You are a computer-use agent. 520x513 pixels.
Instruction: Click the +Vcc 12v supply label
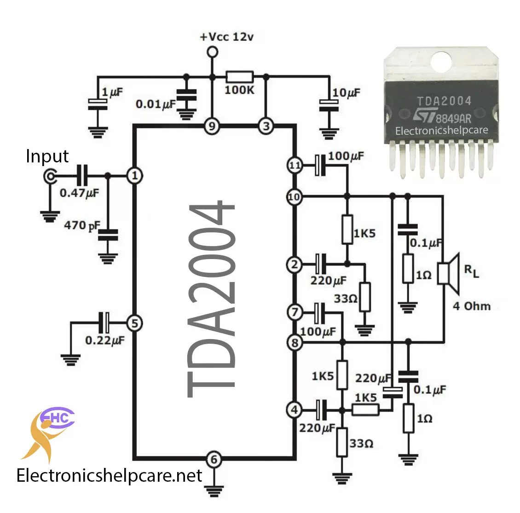[226, 37]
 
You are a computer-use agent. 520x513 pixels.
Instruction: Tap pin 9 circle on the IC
[212, 126]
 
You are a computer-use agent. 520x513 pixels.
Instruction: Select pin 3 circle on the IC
[266, 126]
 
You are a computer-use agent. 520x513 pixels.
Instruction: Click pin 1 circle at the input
[135, 176]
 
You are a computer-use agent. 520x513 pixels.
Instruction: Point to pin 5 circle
[135, 323]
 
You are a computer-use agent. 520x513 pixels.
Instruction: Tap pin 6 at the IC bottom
[214, 459]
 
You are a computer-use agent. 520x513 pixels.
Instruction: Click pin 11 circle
[295, 165]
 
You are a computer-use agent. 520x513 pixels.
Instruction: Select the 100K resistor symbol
[239, 77]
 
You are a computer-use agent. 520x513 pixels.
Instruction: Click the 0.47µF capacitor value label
[79, 193]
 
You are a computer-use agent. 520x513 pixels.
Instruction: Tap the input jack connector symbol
[50, 176]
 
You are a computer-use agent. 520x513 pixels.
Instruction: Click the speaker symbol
[448, 273]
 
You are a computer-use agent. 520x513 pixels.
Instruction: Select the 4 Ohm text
[472, 306]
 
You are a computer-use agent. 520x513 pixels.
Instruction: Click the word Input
[47, 156]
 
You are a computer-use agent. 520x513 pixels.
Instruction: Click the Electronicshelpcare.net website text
[110, 475]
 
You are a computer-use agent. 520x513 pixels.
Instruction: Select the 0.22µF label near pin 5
[105, 341]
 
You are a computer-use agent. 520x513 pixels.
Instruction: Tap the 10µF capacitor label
[346, 93]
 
